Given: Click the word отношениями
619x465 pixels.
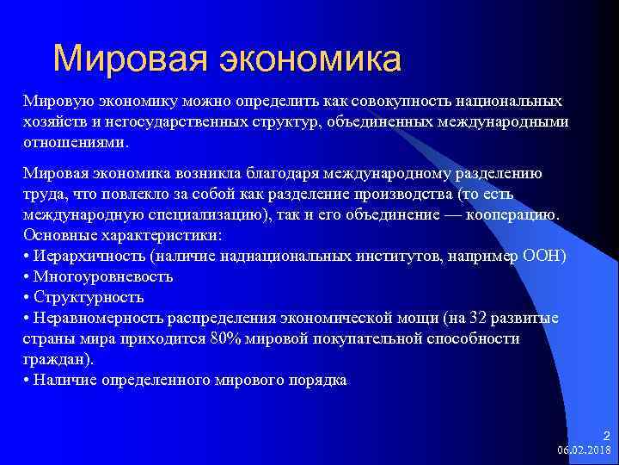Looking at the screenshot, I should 74,141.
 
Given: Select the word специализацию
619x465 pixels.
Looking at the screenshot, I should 199,214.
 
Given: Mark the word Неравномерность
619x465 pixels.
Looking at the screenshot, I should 97,318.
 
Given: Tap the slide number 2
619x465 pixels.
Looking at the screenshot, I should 604,437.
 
